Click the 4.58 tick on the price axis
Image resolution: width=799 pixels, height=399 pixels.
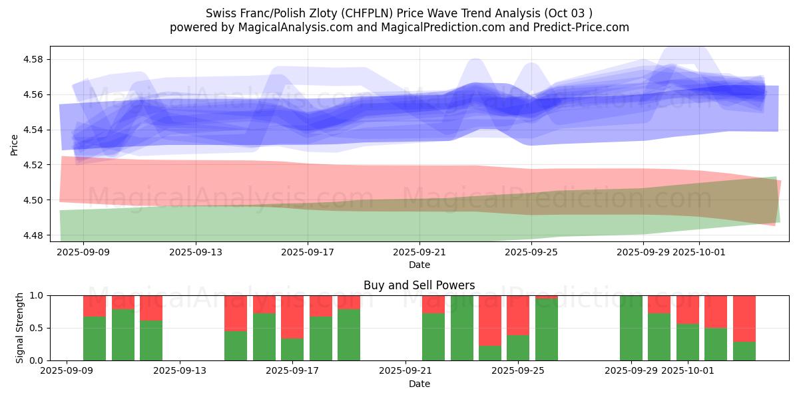click(x=33, y=59)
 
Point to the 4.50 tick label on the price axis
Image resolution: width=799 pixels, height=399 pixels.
click(x=33, y=200)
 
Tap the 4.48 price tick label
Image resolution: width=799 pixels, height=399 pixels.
click(x=33, y=235)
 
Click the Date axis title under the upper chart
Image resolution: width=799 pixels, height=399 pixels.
click(x=419, y=265)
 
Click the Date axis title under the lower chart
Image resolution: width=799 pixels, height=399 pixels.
click(x=419, y=384)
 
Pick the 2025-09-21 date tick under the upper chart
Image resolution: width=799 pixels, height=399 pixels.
click(x=419, y=252)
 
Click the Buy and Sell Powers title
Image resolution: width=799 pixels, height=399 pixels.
click(x=419, y=285)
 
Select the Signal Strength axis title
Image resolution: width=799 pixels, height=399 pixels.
click(x=20, y=328)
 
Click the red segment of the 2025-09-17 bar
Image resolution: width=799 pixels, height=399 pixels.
click(x=292, y=317)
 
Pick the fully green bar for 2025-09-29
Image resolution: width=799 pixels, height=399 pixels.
click(x=631, y=328)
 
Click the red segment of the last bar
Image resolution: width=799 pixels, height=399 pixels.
click(x=744, y=319)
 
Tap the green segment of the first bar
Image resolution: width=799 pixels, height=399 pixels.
click(x=95, y=338)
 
